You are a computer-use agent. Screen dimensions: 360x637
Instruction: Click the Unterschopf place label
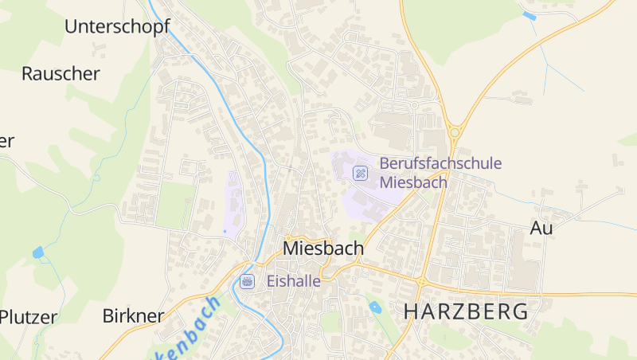pyautogui.click(x=117, y=26)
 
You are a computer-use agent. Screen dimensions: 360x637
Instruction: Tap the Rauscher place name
pyautogui.click(x=61, y=74)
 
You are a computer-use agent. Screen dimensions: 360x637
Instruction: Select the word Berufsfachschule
pyautogui.click(x=440, y=164)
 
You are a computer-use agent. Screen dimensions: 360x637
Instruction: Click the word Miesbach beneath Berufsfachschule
pyautogui.click(x=413, y=182)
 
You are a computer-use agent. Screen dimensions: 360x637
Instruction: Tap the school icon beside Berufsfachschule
pyautogui.click(x=361, y=172)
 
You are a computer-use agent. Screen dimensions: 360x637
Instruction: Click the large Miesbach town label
pyautogui.click(x=322, y=248)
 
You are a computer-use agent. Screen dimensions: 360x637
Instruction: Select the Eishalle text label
pyautogui.click(x=293, y=281)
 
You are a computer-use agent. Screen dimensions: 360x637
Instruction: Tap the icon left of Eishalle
pyautogui.click(x=248, y=281)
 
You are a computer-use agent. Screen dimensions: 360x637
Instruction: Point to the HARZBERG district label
pyautogui.click(x=466, y=311)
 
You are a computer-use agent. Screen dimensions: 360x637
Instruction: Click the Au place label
pyautogui.click(x=541, y=228)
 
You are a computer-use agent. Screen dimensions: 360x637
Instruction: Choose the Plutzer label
pyautogui.click(x=29, y=317)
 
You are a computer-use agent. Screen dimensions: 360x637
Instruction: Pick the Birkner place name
pyautogui.click(x=133, y=315)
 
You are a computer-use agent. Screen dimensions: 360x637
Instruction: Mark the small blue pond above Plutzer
pyautogui.click(x=38, y=252)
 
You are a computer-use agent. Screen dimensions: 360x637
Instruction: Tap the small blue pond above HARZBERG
pyautogui.click(x=375, y=307)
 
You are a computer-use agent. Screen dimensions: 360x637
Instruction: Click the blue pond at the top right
pyautogui.click(x=529, y=15)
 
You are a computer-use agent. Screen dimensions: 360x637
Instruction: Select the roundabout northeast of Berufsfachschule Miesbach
pyautogui.click(x=455, y=132)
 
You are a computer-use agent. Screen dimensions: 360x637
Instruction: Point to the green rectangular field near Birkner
pyautogui.click(x=174, y=205)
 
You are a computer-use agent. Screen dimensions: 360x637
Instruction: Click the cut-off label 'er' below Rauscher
pyautogui.click(x=7, y=142)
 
